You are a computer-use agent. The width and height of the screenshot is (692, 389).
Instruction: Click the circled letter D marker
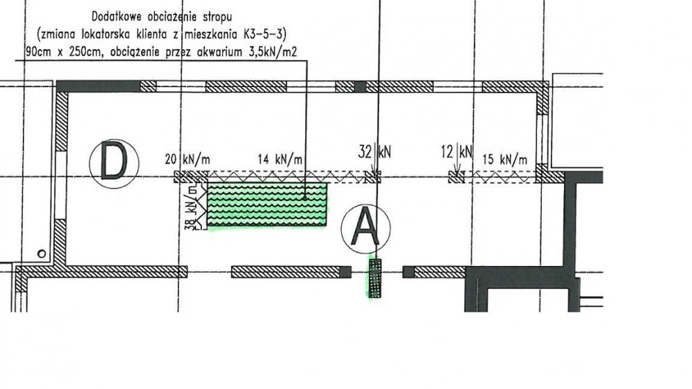114,164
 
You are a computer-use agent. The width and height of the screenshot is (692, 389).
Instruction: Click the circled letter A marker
365,228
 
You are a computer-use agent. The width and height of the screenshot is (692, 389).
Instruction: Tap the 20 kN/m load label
187,159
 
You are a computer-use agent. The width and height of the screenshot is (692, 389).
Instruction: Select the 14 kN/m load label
280,159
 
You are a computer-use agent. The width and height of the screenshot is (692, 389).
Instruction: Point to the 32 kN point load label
374,152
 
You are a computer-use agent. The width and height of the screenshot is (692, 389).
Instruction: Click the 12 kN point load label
456,152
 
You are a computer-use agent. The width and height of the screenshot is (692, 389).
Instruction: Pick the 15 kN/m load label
505,159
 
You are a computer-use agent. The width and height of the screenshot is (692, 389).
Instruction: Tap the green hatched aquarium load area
267,205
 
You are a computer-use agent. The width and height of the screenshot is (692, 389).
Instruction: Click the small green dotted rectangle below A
375,278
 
